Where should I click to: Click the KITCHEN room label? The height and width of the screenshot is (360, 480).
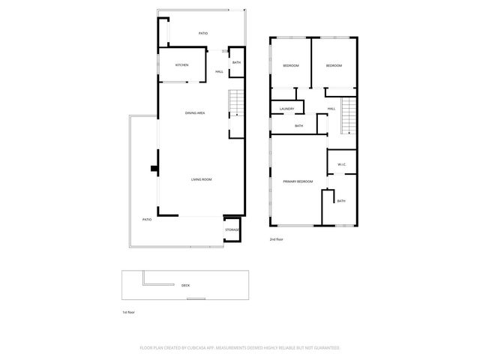(x=181, y=65)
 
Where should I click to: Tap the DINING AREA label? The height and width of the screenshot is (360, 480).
(x=196, y=113)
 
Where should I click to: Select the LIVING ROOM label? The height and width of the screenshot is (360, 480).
(x=201, y=179)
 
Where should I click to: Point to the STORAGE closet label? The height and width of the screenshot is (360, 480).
(x=232, y=229)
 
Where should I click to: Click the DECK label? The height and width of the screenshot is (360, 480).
(x=185, y=286)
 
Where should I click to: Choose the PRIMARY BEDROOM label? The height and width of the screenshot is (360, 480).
(x=298, y=182)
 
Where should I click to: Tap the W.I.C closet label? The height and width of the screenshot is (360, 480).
(x=341, y=164)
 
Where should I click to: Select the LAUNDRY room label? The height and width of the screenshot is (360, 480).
(x=286, y=109)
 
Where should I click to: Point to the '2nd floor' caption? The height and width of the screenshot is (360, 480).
(x=277, y=240)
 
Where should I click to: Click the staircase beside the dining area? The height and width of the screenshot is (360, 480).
(x=237, y=103)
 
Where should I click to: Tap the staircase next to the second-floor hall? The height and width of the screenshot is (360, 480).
(x=347, y=115)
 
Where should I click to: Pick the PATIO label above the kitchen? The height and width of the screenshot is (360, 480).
(x=202, y=34)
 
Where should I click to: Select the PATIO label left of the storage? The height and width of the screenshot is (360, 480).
(x=147, y=219)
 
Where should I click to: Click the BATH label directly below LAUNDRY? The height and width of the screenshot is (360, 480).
(x=298, y=126)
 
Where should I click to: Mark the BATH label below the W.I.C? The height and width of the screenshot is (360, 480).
(x=341, y=201)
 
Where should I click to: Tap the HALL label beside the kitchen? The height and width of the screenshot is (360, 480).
(x=219, y=72)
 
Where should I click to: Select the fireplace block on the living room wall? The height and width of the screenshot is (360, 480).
(x=154, y=169)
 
